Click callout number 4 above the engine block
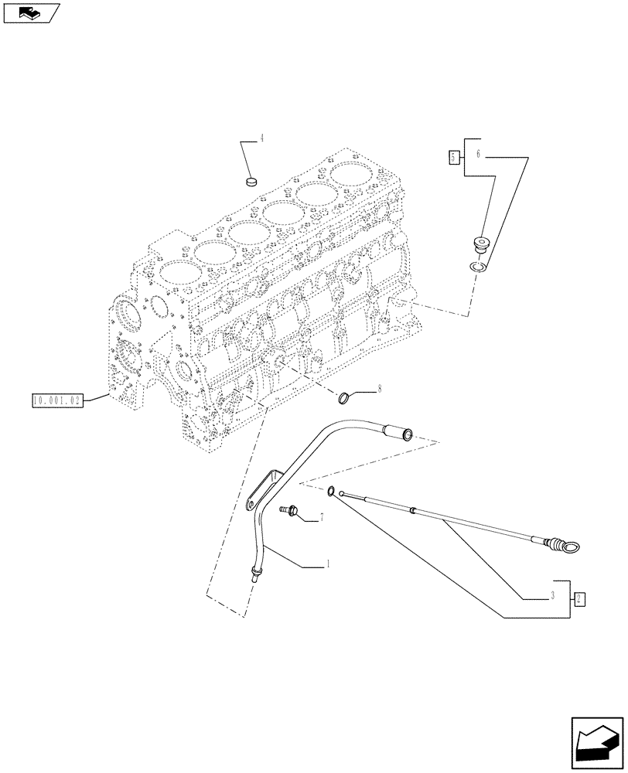click(x=261, y=138)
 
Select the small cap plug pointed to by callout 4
click(x=251, y=182)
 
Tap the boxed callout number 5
click(x=453, y=158)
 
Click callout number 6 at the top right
click(x=478, y=155)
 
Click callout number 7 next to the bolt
click(x=321, y=516)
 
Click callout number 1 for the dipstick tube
click(x=328, y=565)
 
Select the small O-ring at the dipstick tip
click(x=332, y=490)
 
